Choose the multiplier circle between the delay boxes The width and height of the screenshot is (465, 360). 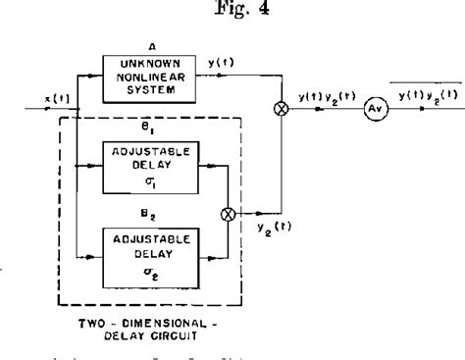[x=232, y=212]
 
